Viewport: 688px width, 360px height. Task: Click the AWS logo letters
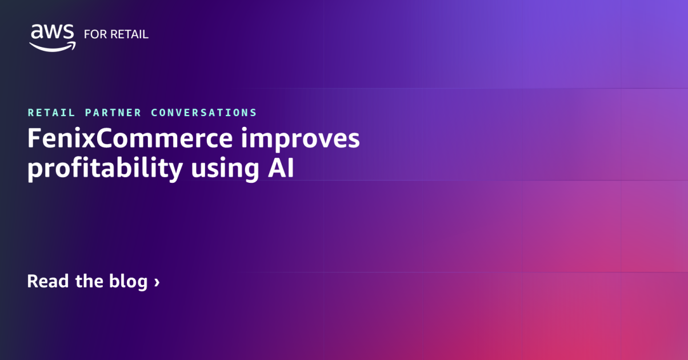click(x=52, y=32)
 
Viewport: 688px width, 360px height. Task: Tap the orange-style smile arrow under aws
click(x=53, y=46)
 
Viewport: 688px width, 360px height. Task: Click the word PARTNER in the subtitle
click(x=113, y=113)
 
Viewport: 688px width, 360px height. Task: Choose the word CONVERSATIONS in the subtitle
click(x=204, y=113)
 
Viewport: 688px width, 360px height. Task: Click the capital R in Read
click(x=33, y=281)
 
